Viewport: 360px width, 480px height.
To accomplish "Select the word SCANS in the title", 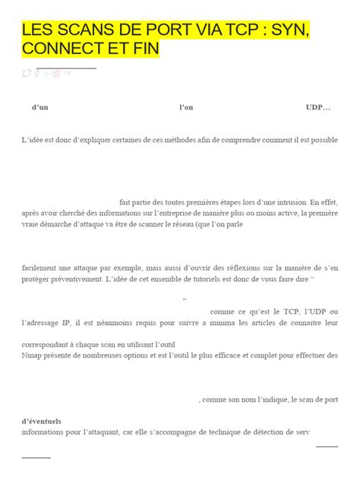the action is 77,30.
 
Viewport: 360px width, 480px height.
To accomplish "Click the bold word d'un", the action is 39,108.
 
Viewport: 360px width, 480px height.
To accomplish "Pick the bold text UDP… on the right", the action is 318,108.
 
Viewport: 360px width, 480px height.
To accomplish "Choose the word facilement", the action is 43,267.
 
